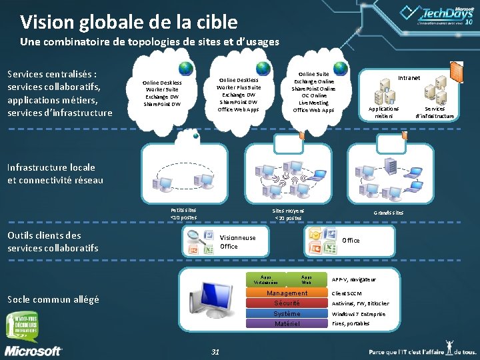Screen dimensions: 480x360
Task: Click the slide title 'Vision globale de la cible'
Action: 129,23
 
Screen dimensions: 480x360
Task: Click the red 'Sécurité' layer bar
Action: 287,303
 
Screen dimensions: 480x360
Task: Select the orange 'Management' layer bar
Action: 287,293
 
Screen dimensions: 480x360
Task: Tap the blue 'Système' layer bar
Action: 287,313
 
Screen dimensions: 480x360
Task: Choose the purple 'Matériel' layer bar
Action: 287,323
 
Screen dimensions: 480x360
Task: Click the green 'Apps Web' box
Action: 306,280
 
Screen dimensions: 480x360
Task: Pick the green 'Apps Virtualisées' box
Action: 266,280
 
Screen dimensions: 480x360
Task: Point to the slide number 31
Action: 215,351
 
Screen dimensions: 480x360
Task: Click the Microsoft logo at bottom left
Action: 33,351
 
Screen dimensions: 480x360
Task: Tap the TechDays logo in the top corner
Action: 440,15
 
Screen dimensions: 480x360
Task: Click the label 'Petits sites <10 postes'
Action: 183,213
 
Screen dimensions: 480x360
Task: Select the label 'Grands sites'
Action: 388,213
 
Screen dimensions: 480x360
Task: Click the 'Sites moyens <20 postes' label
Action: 289,213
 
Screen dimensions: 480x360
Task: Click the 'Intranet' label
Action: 409,78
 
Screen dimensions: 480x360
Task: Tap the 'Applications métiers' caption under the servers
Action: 383,113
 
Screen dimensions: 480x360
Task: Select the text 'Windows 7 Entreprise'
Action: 358,313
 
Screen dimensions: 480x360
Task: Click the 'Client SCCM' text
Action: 347,293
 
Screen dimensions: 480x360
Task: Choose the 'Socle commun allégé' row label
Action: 53,299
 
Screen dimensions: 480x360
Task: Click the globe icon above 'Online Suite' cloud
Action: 340,68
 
